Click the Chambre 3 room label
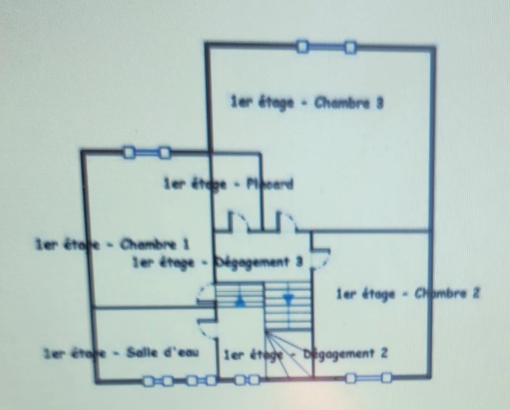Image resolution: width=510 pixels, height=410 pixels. coord(307,102)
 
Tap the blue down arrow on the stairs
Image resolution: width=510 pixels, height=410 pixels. coord(288,299)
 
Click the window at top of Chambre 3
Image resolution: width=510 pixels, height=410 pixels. coord(326,47)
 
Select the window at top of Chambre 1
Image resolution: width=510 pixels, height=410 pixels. coord(146,152)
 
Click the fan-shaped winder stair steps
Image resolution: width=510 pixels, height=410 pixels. coord(287,354)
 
